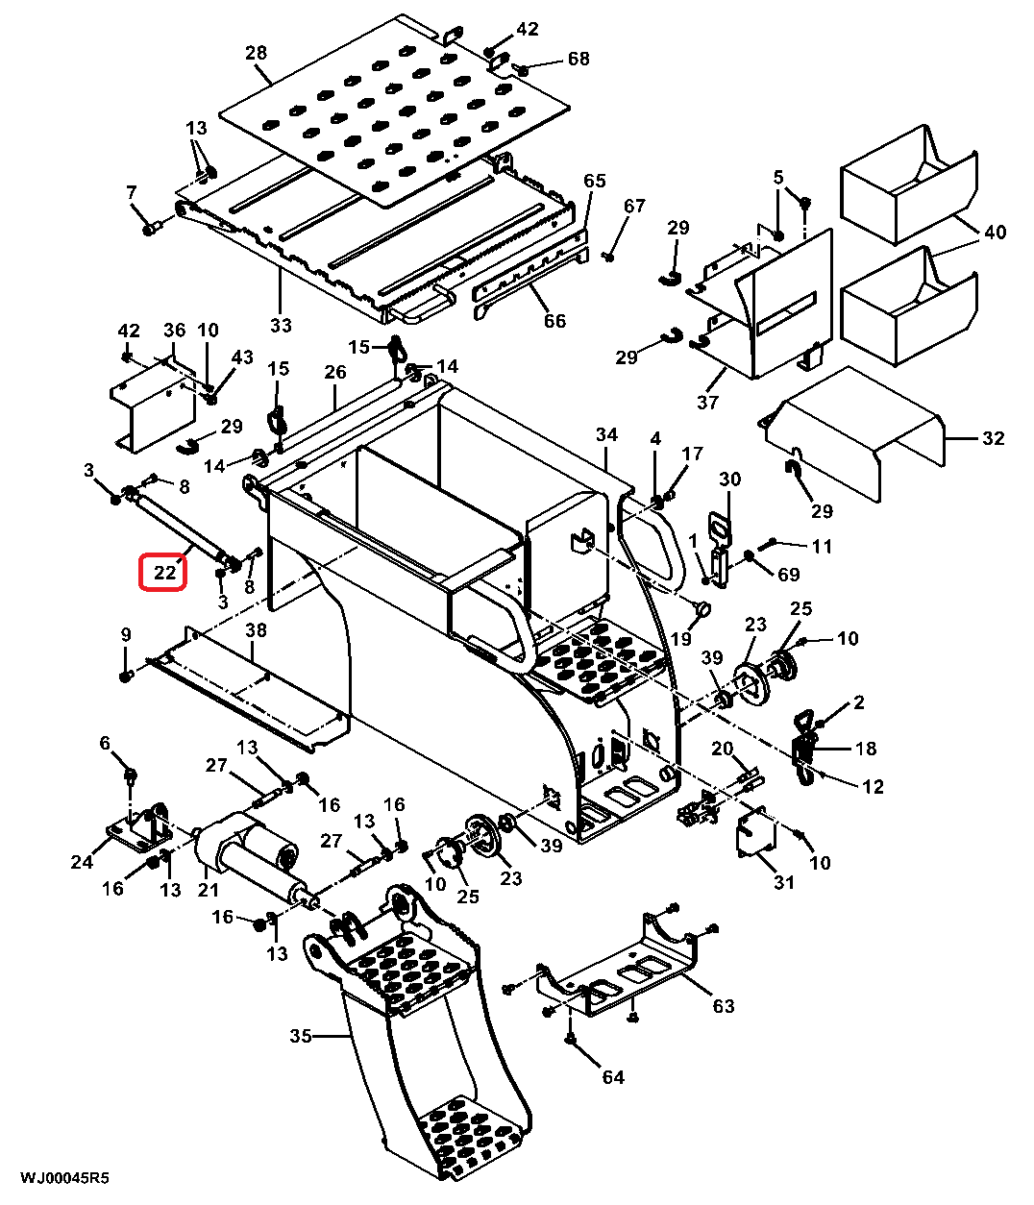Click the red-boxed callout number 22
[x=164, y=573]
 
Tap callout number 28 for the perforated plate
[x=256, y=53]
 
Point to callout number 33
[x=281, y=325]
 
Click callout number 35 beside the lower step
[x=301, y=1036]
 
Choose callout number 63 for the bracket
[x=724, y=1006]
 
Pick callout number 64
[x=612, y=1077]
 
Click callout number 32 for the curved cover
[x=994, y=438]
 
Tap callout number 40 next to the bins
[x=995, y=232]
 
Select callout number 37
[x=707, y=402]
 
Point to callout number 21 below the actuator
[x=209, y=890]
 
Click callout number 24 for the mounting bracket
[x=82, y=862]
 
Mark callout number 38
[x=256, y=629]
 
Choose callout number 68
[x=579, y=59]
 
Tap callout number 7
[x=131, y=192]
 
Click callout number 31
[x=783, y=882]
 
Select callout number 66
[x=554, y=320]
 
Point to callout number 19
[x=680, y=638]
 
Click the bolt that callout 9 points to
[x=126, y=676]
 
